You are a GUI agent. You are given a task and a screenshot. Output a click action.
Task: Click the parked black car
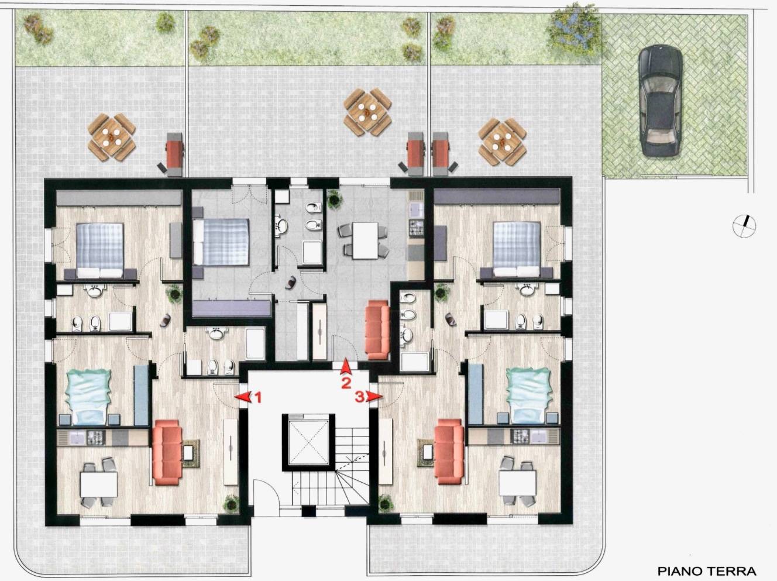(x=660, y=102)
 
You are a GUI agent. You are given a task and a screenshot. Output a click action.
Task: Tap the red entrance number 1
(x=258, y=398)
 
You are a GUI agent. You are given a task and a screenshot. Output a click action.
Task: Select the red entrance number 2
(x=346, y=383)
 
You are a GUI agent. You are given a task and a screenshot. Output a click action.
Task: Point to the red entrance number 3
(x=359, y=397)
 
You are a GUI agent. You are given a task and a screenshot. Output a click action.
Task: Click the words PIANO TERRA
(x=707, y=562)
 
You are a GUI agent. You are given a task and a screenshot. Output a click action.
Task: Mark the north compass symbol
(x=744, y=226)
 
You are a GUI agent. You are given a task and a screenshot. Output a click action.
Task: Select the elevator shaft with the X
(x=309, y=442)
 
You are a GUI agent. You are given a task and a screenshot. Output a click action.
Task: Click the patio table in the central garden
(x=368, y=112)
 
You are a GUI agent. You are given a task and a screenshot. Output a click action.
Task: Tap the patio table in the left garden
(x=112, y=137)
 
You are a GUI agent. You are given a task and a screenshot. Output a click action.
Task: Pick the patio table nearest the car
(x=503, y=142)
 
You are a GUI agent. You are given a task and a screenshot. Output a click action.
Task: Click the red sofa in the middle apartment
(x=378, y=330)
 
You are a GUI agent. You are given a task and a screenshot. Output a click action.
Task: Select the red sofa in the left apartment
(x=167, y=452)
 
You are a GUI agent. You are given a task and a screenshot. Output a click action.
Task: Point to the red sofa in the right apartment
(x=449, y=451)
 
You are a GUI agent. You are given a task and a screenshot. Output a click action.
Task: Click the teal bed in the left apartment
(x=87, y=397)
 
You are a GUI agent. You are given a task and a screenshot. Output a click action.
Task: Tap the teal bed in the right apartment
(x=529, y=396)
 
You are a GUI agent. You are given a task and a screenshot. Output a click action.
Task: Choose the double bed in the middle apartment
(x=221, y=242)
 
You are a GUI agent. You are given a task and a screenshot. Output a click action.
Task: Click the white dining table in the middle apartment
(x=365, y=240)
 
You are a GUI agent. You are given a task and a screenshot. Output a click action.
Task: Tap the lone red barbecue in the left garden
(x=175, y=154)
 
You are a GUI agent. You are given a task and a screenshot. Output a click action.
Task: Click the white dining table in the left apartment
(x=99, y=484)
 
